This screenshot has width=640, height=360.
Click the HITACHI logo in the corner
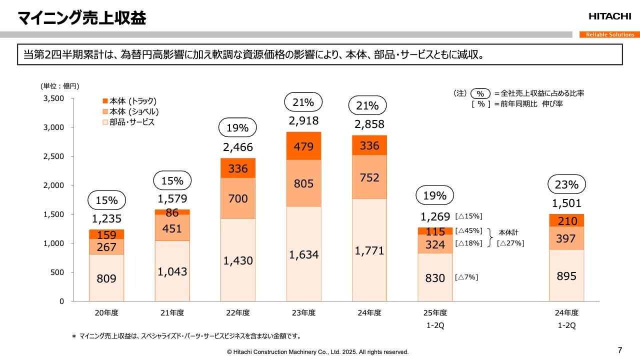tap(609, 16)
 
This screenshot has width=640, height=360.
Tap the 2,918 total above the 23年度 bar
tap(303, 120)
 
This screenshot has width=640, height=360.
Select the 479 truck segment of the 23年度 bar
tap(303, 146)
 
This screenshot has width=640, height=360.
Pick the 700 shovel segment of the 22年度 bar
tap(237, 198)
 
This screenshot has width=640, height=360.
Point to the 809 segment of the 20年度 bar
tap(106, 278)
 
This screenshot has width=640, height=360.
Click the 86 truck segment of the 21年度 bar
tap(172, 212)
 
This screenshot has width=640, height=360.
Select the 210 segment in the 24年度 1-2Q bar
tap(566, 220)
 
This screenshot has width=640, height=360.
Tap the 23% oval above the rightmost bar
tap(566, 184)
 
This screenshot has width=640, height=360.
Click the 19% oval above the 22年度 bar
tap(237, 128)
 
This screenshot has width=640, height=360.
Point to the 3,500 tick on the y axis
tap(53, 98)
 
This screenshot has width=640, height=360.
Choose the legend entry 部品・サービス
tap(131, 122)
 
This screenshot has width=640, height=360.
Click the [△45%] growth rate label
tap(469, 230)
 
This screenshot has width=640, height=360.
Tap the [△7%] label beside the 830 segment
tap(466, 277)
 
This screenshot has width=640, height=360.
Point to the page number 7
tap(620, 349)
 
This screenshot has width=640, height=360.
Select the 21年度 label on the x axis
tap(172, 313)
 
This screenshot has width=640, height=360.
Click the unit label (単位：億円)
tap(60, 86)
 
